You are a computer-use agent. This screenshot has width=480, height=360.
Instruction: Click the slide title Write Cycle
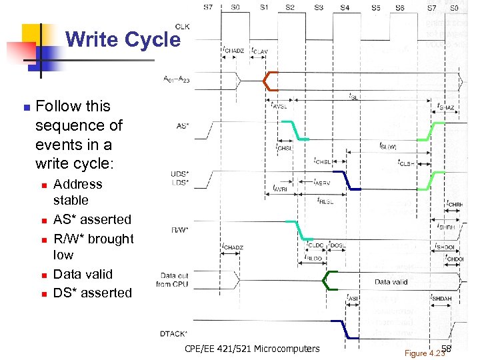pyautogui.click(x=123, y=39)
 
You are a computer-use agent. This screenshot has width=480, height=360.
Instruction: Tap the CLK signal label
pyautogui.click(x=181, y=26)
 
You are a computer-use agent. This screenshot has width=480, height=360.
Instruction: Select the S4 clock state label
pyautogui.click(x=344, y=7)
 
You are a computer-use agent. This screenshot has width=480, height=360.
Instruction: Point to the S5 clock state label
pyautogui.click(x=376, y=7)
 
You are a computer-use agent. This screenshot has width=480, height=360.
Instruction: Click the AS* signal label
pyautogui.click(x=182, y=125)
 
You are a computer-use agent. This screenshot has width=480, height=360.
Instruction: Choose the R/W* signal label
pyautogui.click(x=180, y=229)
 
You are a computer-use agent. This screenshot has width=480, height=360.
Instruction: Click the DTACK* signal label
pyautogui.click(x=174, y=333)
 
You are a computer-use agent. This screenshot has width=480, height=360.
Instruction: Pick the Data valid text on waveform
pyautogui.click(x=391, y=282)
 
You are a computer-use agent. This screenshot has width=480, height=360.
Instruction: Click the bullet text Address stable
pyautogui.click(x=77, y=192)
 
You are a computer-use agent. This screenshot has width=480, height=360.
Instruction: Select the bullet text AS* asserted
pyautogui.click(x=92, y=219)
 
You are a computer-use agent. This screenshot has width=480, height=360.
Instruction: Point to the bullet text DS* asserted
pyautogui.click(x=93, y=293)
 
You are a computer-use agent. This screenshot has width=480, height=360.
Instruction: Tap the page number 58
pyautogui.click(x=447, y=349)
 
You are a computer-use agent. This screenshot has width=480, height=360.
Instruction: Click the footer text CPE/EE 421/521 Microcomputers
pyautogui.click(x=252, y=349)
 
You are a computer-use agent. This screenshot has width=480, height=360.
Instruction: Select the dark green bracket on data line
pyautogui.click(x=328, y=281)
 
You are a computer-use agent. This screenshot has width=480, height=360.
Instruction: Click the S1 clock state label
pyautogui.click(x=264, y=7)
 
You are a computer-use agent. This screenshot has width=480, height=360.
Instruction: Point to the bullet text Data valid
pyautogui.click(x=83, y=274)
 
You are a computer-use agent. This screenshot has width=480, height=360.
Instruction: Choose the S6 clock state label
pyautogui.click(x=400, y=7)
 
